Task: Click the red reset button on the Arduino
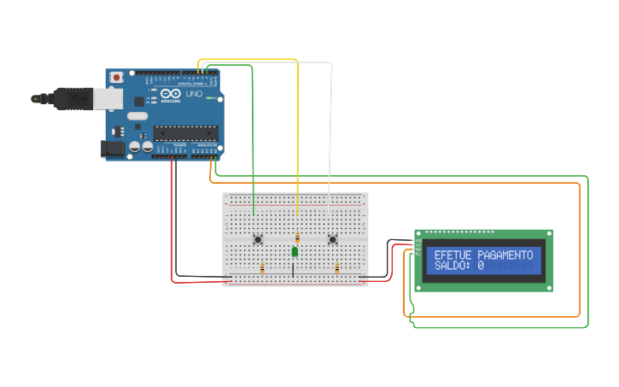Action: click(x=116, y=78)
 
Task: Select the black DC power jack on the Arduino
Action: click(x=113, y=149)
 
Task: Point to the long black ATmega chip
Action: click(x=185, y=132)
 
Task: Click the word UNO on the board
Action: click(x=195, y=94)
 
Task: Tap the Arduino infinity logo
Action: click(x=169, y=94)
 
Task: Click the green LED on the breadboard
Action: click(x=295, y=252)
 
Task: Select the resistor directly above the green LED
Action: click(x=297, y=237)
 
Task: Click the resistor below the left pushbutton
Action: click(x=262, y=268)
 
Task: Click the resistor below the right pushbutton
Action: click(x=337, y=268)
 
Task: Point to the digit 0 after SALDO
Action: click(x=481, y=267)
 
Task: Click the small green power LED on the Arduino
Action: click(x=208, y=97)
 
